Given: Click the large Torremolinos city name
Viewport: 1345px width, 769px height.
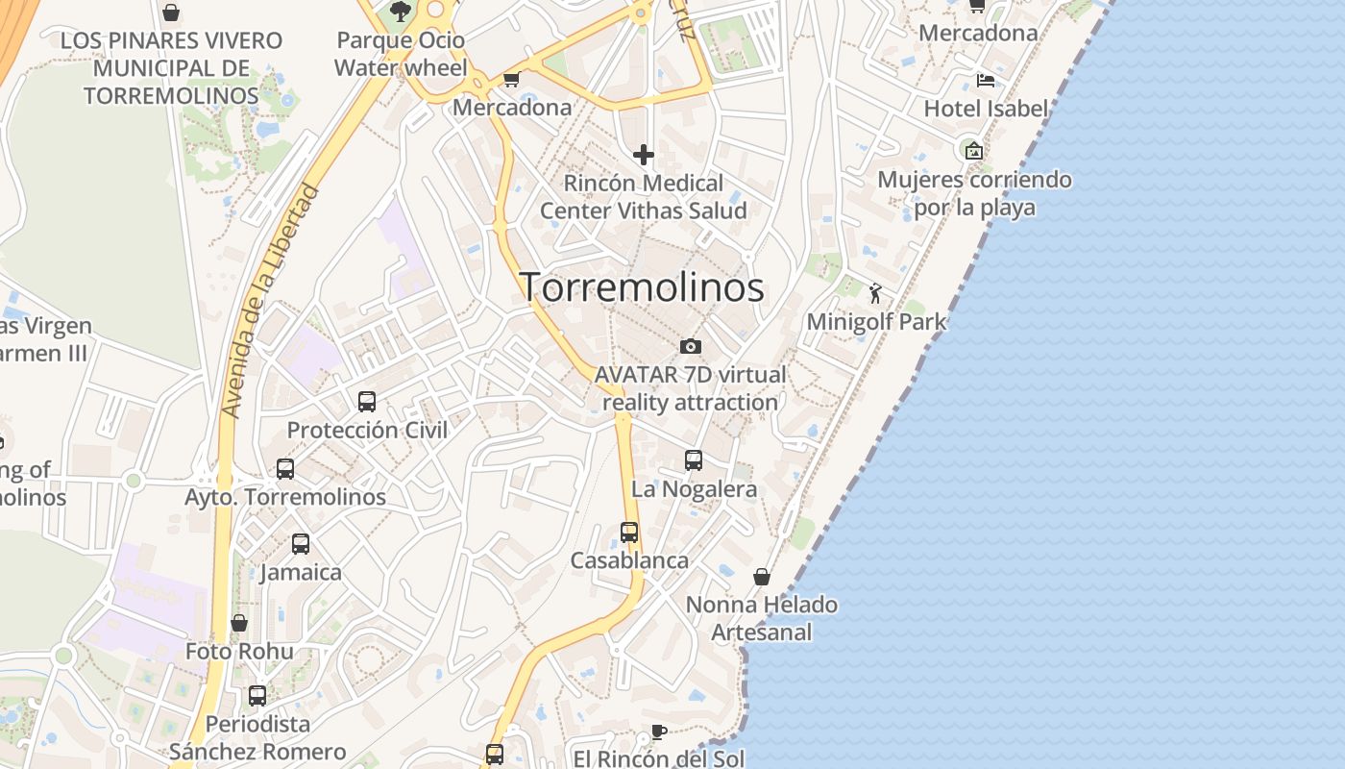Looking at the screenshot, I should pyautogui.click(x=642, y=286).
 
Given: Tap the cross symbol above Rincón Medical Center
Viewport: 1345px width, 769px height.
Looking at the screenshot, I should pyautogui.click(x=644, y=154).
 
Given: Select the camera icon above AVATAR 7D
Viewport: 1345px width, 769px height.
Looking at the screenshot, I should pyautogui.click(x=690, y=346).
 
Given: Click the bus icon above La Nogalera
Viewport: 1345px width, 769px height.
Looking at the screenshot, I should pyautogui.click(x=694, y=460).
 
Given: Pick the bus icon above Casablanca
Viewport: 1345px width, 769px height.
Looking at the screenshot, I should pyautogui.click(x=629, y=532).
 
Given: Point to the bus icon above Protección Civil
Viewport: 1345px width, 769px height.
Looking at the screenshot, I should pyautogui.click(x=367, y=401).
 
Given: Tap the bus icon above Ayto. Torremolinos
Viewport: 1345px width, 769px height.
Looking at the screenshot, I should pyautogui.click(x=285, y=469).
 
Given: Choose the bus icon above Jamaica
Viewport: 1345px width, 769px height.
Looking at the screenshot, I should pyautogui.click(x=301, y=544).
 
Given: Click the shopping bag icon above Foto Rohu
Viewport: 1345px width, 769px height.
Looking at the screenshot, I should pyautogui.click(x=239, y=623).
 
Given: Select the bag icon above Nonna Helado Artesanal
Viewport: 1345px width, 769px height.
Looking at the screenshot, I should pyautogui.click(x=762, y=577).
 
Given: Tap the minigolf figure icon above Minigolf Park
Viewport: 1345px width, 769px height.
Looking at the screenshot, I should pyautogui.click(x=875, y=293).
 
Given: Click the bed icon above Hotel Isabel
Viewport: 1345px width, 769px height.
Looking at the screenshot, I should pyautogui.click(x=985, y=80).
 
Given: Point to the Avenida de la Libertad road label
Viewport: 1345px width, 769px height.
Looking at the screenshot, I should pyautogui.click(x=271, y=300).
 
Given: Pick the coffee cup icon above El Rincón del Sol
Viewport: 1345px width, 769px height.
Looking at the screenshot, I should pyautogui.click(x=658, y=732).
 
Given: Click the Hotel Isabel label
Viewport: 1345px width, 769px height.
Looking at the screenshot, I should pyautogui.click(x=986, y=109).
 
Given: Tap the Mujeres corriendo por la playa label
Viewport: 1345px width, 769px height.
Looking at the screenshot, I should pyautogui.click(x=974, y=193).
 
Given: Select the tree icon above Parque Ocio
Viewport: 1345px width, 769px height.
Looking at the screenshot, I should pyautogui.click(x=401, y=12).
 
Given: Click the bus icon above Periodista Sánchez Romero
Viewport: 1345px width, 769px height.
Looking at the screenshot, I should pyautogui.click(x=257, y=695).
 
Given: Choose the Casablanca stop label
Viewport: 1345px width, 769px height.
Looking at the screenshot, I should pyautogui.click(x=629, y=560).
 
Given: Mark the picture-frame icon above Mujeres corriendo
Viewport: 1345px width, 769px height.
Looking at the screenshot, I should pyautogui.click(x=974, y=150).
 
